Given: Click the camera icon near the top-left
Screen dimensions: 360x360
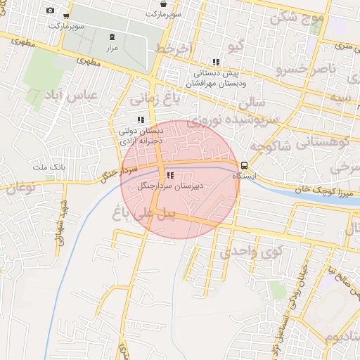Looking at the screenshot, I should (50, 11).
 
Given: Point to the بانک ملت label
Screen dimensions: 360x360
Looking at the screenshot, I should (49, 167).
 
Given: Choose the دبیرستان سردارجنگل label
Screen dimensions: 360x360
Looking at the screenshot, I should (169, 186).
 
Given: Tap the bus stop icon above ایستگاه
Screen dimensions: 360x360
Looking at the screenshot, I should (244, 165).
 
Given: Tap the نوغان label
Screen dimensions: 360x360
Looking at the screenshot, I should (20, 187).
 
